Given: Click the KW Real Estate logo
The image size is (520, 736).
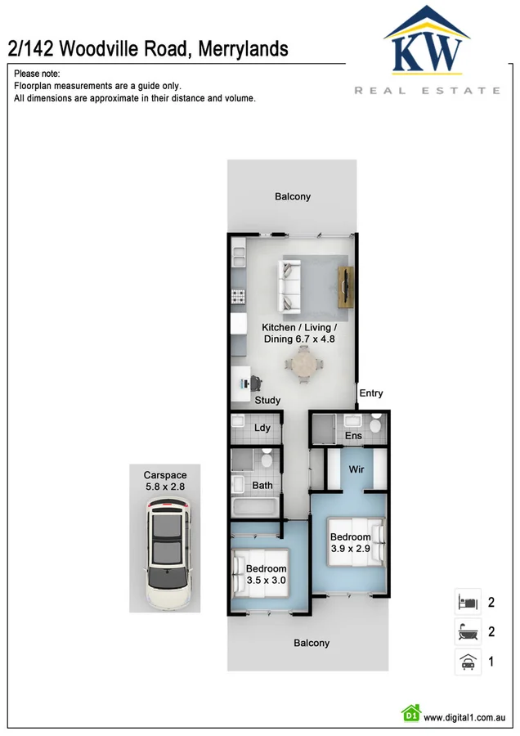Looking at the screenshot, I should (x=427, y=49).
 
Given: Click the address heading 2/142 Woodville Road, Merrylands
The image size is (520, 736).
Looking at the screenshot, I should (x=148, y=49).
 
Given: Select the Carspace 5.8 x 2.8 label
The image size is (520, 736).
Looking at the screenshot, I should (x=165, y=481).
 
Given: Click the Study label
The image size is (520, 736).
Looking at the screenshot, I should (x=267, y=400).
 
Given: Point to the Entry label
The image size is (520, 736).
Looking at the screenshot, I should (x=370, y=393).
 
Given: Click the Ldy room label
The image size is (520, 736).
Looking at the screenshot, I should (x=262, y=428).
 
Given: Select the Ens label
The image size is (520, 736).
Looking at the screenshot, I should (x=353, y=436).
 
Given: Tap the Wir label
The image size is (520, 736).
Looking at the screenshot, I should (x=356, y=469).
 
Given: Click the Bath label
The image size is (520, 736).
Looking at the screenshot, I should (x=262, y=485).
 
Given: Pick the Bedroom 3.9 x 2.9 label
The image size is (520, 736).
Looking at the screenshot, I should (x=350, y=543).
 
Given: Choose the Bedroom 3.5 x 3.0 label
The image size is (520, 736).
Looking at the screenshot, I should (x=267, y=575).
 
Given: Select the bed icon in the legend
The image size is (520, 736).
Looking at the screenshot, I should (x=466, y=602).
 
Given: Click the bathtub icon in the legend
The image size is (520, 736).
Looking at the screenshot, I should (x=466, y=632).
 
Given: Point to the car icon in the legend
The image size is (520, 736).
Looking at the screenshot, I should (x=466, y=662).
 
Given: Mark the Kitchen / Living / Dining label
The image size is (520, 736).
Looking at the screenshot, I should (x=298, y=333).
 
